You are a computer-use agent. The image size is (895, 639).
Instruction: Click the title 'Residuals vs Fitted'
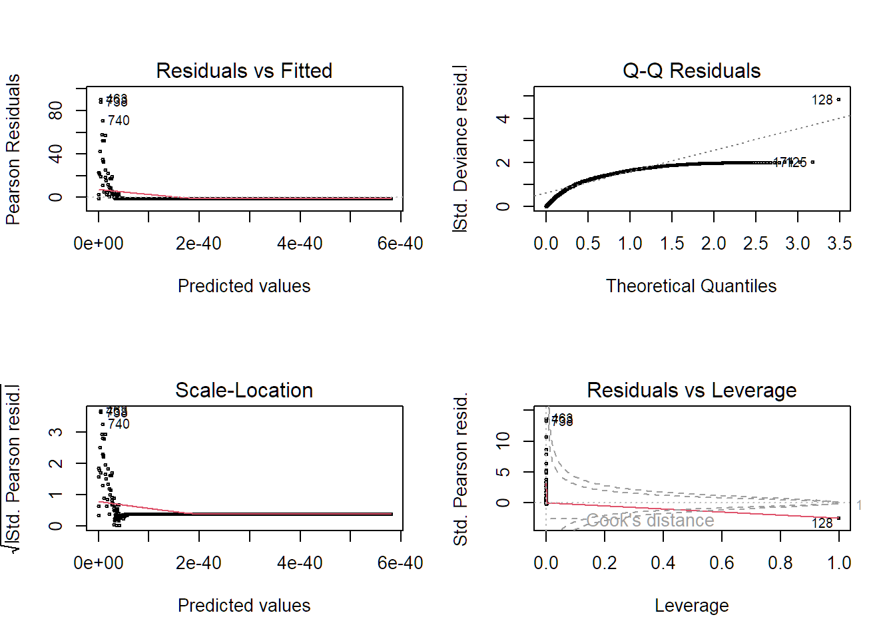[x=244, y=71]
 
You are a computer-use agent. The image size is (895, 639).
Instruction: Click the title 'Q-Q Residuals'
[x=691, y=71]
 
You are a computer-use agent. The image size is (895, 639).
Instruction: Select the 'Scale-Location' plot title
[x=244, y=390]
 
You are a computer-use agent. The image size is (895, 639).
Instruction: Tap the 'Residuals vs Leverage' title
[x=691, y=390]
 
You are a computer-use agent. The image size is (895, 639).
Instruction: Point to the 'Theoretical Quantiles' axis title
[x=691, y=286]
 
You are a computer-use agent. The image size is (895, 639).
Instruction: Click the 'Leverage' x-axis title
[x=691, y=606]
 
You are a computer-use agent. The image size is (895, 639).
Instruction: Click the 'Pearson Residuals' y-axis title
[x=13, y=149]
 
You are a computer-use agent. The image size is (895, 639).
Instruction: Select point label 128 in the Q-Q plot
[x=822, y=100]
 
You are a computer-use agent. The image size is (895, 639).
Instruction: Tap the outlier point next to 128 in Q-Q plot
[x=838, y=100]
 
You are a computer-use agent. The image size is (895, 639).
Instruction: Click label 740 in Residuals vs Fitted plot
[x=119, y=120]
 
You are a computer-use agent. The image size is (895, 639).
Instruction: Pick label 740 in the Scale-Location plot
[x=119, y=424]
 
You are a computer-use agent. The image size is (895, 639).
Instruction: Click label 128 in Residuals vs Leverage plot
[x=822, y=524]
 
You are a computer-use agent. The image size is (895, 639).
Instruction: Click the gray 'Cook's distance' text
[x=650, y=521]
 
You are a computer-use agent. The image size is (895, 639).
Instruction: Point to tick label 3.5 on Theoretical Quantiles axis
[x=839, y=244]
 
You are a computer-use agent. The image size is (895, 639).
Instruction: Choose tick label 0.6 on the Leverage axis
[x=721, y=563]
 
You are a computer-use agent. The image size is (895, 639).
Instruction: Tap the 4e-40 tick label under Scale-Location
[x=300, y=563]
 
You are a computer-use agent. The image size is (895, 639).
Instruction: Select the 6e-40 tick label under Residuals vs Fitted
[x=400, y=244]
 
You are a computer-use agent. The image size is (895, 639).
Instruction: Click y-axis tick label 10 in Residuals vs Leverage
[x=503, y=441]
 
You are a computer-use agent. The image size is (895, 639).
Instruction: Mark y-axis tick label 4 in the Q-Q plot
[x=503, y=118]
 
